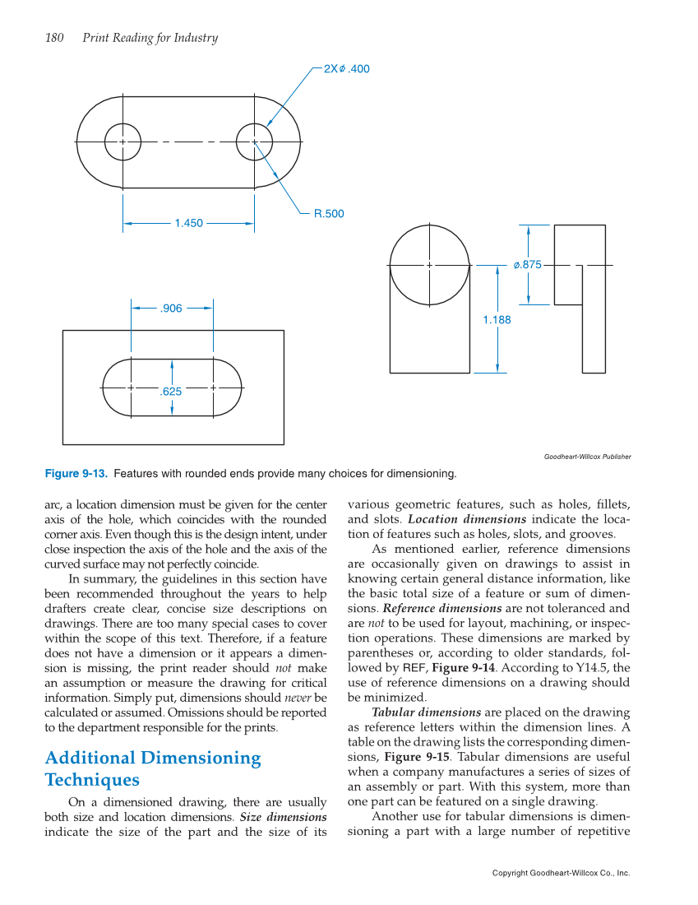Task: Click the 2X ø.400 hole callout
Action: coord(346,69)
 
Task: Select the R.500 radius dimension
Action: coord(329,214)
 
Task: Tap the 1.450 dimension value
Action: coord(188,223)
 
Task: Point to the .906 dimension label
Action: coord(171,309)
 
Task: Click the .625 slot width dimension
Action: coord(171,392)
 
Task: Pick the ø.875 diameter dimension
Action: coord(527,265)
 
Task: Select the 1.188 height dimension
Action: coord(497,320)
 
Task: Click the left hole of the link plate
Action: coord(123,142)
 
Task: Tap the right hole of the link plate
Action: coord(254,142)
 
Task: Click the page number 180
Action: coord(54,38)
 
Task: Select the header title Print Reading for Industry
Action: coord(150,38)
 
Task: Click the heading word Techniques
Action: coord(91,780)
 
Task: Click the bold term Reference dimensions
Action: coord(442,609)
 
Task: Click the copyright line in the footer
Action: coord(561,873)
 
